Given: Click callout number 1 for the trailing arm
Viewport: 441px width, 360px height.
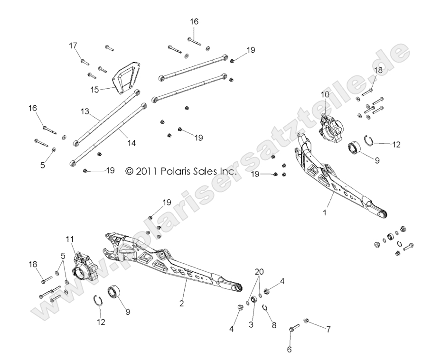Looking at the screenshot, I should [x=325, y=213].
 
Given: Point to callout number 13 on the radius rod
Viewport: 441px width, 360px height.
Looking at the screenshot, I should [x=85, y=111].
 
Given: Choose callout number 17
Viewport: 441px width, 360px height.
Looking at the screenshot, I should [x=73, y=46].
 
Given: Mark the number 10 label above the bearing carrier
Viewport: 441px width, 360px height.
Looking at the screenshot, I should [x=324, y=95].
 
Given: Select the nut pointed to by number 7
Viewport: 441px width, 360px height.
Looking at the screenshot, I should [x=306, y=322].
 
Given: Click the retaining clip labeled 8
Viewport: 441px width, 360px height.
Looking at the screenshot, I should [x=266, y=309].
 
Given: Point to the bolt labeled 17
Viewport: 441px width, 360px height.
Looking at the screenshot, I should [x=84, y=62].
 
